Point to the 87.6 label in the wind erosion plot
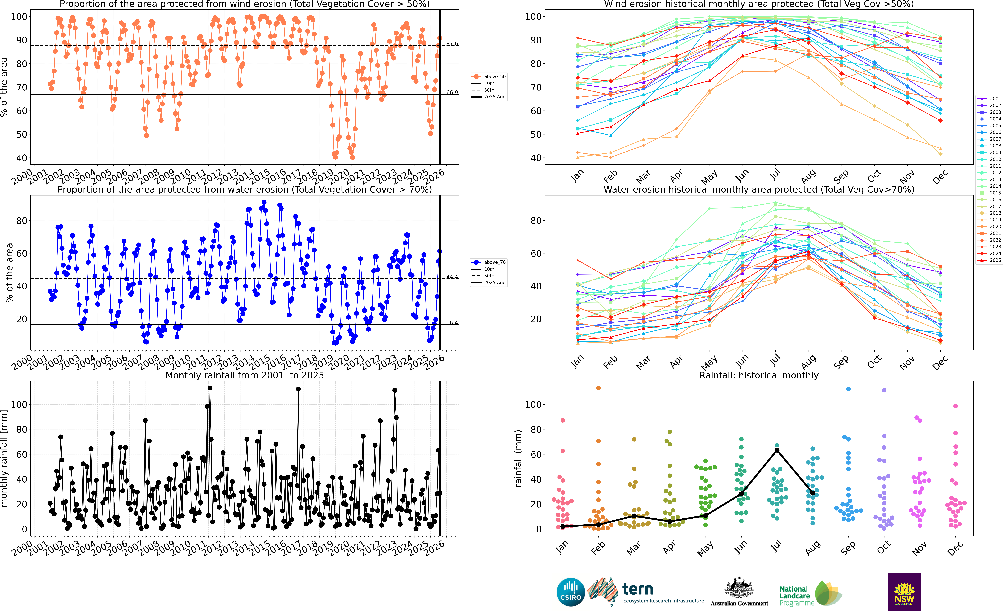tap(452, 44)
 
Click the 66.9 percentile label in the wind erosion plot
tap(452, 92)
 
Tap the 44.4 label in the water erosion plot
tap(452, 277)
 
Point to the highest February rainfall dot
tap(598, 388)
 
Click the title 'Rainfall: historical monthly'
tap(759, 375)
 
